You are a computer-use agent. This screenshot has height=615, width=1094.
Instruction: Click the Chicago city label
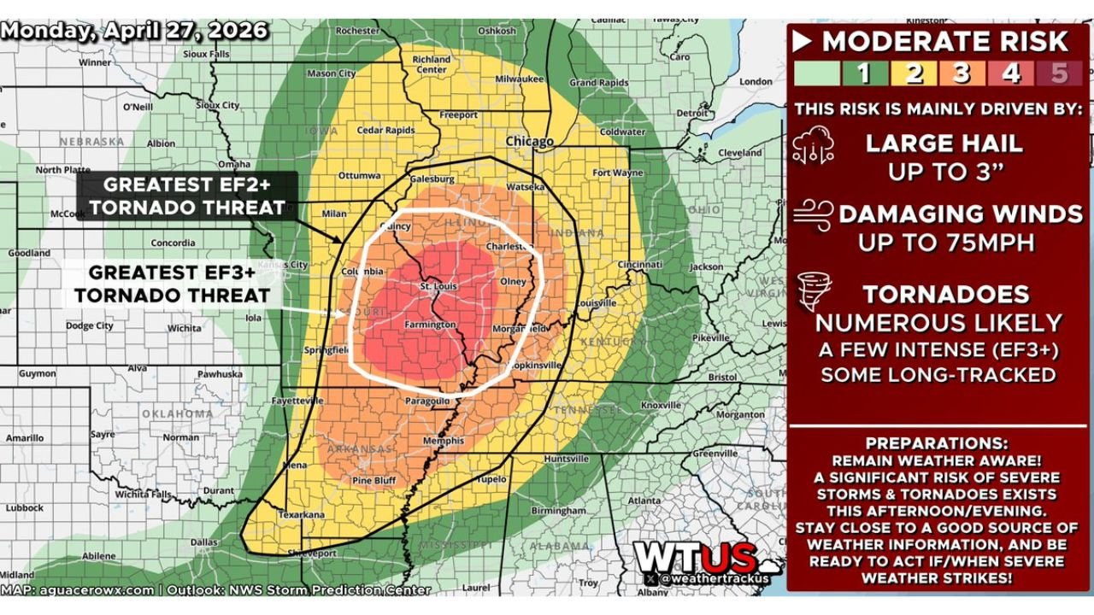click(530, 141)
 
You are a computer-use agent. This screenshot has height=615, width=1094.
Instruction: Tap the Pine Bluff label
click(374, 481)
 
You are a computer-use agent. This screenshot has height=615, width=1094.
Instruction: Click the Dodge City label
click(91, 325)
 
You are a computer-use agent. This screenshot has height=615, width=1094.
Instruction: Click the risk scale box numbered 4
click(1011, 73)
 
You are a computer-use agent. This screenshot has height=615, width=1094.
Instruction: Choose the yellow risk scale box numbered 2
click(914, 73)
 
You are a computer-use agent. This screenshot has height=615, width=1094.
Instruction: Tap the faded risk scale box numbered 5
click(1060, 73)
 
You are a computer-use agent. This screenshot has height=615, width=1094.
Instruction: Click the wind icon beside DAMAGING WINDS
click(813, 215)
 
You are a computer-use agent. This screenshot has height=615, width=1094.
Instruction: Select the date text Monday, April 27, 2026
click(135, 31)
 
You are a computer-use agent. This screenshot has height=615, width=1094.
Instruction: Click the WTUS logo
click(695, 559)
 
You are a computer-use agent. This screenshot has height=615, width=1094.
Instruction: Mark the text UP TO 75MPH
click(946, 243)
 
